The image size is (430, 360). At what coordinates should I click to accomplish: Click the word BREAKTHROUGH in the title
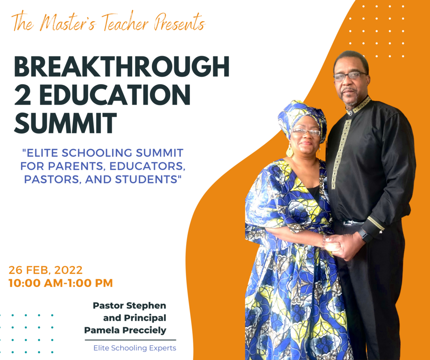(122, 67)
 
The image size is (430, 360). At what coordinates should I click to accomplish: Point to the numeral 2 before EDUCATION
(23, 95)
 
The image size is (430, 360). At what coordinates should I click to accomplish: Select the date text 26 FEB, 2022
(46, 270)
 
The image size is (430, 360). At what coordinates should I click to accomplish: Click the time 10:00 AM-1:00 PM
(61, 283)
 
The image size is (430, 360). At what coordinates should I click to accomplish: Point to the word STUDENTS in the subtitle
(147, 179)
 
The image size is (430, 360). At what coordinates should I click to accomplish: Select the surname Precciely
(145, 330)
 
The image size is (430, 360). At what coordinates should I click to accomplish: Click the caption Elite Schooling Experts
(135, 348)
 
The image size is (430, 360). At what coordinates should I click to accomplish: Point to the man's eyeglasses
(350, 76)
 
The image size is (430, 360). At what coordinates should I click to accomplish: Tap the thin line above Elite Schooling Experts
(130, 340)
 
